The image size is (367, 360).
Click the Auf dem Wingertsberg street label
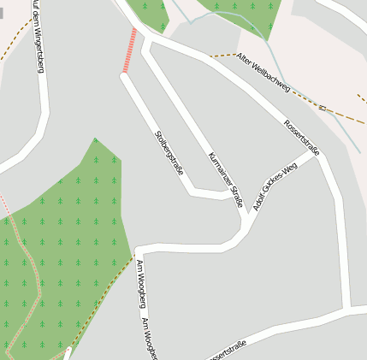(x=38, y=36)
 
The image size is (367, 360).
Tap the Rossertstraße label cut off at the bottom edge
(x=226, y=349)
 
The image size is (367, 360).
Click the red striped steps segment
(x=130, y=50)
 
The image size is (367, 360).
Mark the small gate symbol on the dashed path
(x=323, y=108)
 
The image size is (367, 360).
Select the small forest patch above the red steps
(x=151, y=12)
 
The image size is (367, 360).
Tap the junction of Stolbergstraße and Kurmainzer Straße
(x=233, y=196)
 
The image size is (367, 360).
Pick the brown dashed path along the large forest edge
(x=103, y=298)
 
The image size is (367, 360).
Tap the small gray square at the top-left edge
(x=2, y=14)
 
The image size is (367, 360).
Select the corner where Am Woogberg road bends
(x=138, y=251)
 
